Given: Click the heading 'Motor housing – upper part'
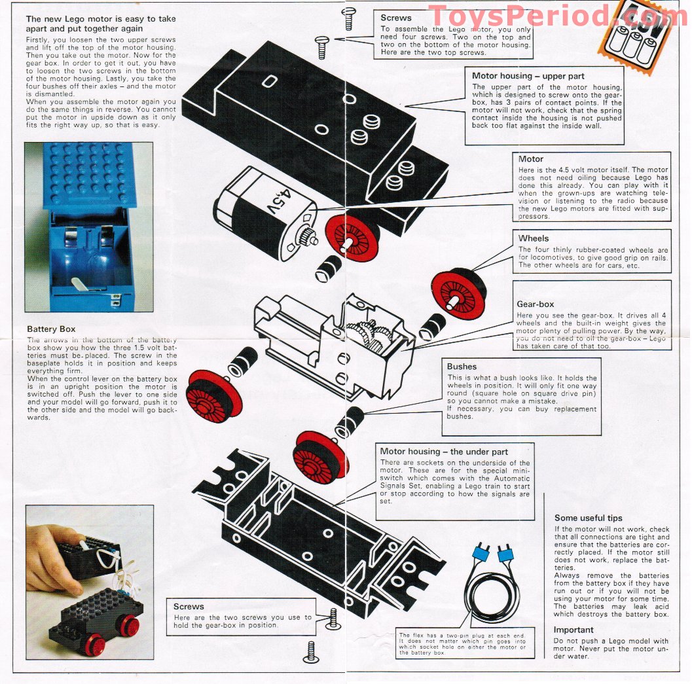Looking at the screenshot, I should pyautogui.click(x=528, y=77).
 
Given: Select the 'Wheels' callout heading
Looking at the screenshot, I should pyautogui.click(x=534, y=239).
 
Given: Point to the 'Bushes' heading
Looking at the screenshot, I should pyautogui.click(x=462, y=367).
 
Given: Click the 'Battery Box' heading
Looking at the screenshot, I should pyautogui.click(x=51, y=329).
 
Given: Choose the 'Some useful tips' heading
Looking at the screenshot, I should pyautogui.click(x=588, y=518).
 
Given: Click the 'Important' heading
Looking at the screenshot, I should pyautogui.click(x=574, y=630).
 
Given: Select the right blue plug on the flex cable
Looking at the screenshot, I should pyautogui.click(x=505, y=556).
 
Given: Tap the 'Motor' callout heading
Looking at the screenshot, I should pyautogui.click(x=531, y=159).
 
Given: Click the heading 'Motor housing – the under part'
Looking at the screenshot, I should pyautogui.click(x=444, y=452).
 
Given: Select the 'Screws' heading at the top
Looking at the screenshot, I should pyautogui.click(x=395, y=18).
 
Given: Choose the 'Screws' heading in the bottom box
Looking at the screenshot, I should pyautogui.click(x=189, y=606).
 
